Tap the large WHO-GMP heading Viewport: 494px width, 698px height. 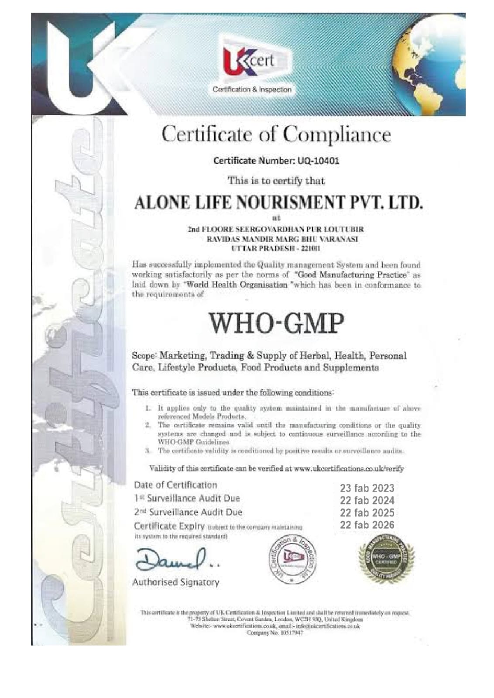[x=276, y=323]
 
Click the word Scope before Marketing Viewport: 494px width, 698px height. [x=144, y=356]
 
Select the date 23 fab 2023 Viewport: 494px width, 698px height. [x=367, y=488]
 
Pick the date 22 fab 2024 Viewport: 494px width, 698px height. [x=367, y=500]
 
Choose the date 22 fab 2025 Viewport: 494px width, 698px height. [x=367, y=512]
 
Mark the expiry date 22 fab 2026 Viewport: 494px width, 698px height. [x=367, y=525]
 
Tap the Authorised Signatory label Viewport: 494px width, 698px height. [x=176, y=582]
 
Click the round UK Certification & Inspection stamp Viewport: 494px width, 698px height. [x=292, y=558]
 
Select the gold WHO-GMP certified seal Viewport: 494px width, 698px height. [x=386, y=558]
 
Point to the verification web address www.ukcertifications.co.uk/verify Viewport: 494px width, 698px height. [x=349, y=469]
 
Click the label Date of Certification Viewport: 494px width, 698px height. [x=175, y=485]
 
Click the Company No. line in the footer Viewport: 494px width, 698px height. [x=275, y=632]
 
